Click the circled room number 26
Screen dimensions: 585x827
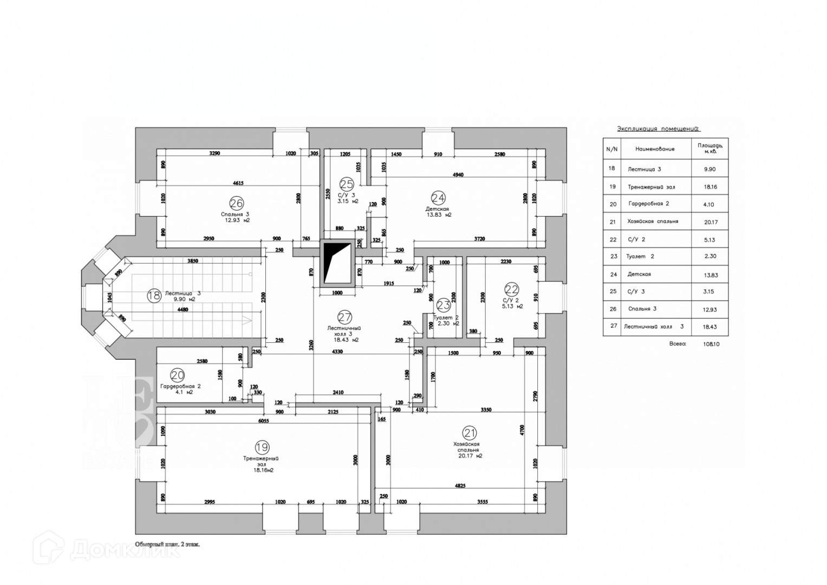click(x=236, y=204)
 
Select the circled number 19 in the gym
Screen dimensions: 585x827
click(x=262, y=447)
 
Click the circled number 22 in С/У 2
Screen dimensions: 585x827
click(x=511, y=289)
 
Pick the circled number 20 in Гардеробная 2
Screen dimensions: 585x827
click(x=177, y=375)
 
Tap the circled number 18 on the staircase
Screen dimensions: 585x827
click(x=154, y=295)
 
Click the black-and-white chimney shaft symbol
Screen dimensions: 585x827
click(x=336, y=263)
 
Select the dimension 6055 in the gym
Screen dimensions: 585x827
click(x=264, y=420)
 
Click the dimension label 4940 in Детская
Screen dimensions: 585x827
click(x=458, y=174)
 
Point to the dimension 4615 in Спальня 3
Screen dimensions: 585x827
click(x=238, y=184)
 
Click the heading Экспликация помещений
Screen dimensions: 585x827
click(x=659, y=129)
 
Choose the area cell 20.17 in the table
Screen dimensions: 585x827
click(x=709, y=222)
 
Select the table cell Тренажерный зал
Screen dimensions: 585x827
click(x=651, y=187)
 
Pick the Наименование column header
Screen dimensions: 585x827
click(x=655, y=148)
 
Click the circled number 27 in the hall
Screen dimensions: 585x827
click(x=344, y=317)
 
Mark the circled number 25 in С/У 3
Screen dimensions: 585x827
click(x=347, y=184)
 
